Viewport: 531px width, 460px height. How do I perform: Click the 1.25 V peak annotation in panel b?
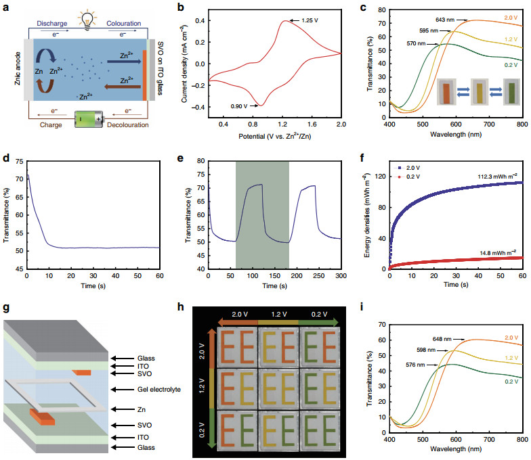point(309,22)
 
